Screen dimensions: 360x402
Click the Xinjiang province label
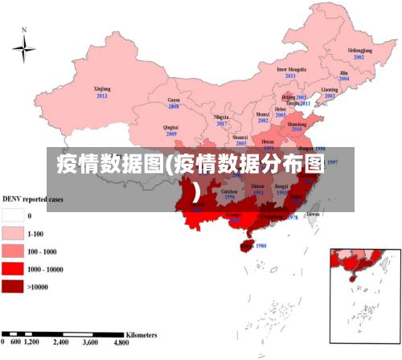tap(101, 88)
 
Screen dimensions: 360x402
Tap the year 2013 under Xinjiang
tap(101, 96)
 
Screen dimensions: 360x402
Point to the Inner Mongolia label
tap(291, 69)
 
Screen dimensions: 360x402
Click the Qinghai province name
tap(170, 127)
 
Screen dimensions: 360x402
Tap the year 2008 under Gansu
tap(173, 106)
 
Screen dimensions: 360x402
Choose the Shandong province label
tap(297, 125)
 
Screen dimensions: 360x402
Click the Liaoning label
tap(330, 89)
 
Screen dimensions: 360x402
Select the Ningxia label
tap(222, 117)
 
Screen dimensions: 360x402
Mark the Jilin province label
tap(343, 72)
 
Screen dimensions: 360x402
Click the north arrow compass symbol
tap(24, 50)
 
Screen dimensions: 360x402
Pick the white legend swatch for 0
tap(12, 215)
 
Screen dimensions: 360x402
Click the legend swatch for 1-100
tap(12, 233)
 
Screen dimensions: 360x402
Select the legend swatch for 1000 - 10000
tap(12, 268)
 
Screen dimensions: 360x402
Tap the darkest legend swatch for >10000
tap(12, 286)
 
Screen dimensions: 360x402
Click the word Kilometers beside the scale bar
tap(142, 333)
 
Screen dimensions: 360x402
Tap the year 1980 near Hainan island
tap(259, 246)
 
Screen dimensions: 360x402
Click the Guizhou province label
tap(230, 190)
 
